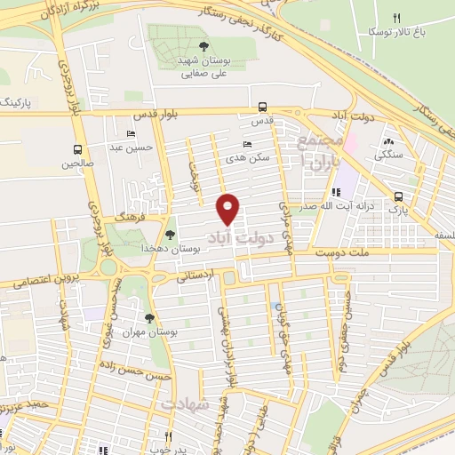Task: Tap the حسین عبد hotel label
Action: (133, 148)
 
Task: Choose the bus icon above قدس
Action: (261, 104)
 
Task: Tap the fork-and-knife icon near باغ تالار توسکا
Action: (397, 17)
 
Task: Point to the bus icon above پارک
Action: (397, 197)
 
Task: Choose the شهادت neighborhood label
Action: (188, 404)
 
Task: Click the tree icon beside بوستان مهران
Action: (148, 317)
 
